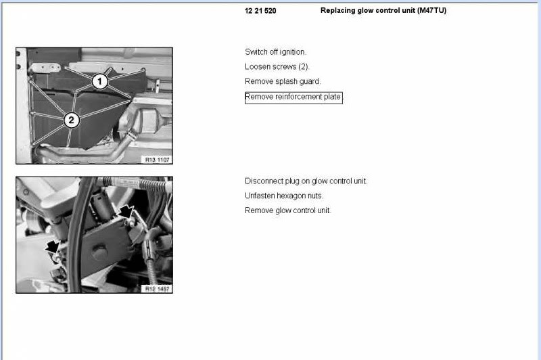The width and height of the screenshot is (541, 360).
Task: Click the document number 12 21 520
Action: (260, 11)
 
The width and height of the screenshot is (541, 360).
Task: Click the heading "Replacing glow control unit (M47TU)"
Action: (383, 10)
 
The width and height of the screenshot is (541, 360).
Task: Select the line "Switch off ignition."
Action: (275, 52)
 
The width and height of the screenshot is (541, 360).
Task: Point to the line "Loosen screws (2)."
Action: (277, 66)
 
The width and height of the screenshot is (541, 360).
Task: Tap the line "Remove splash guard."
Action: (283, 81)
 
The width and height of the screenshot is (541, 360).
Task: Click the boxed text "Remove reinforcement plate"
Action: (293, 97)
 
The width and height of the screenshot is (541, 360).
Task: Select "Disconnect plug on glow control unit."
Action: (306, 181)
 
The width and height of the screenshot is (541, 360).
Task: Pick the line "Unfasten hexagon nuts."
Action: (284, 196)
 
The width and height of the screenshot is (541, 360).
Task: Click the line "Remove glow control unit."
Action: (288, 210)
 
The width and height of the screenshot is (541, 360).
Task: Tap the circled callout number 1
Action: (99, 81)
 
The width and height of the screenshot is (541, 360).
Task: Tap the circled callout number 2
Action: (72, 120)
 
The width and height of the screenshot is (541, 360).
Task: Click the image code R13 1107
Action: (157, 160)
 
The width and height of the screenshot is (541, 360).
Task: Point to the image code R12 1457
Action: (157, 289)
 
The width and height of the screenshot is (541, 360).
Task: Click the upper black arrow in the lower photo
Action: (126, 212)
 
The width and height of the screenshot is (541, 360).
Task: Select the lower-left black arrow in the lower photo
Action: (53, 247)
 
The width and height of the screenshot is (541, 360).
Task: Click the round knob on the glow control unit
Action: (99, 251)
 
